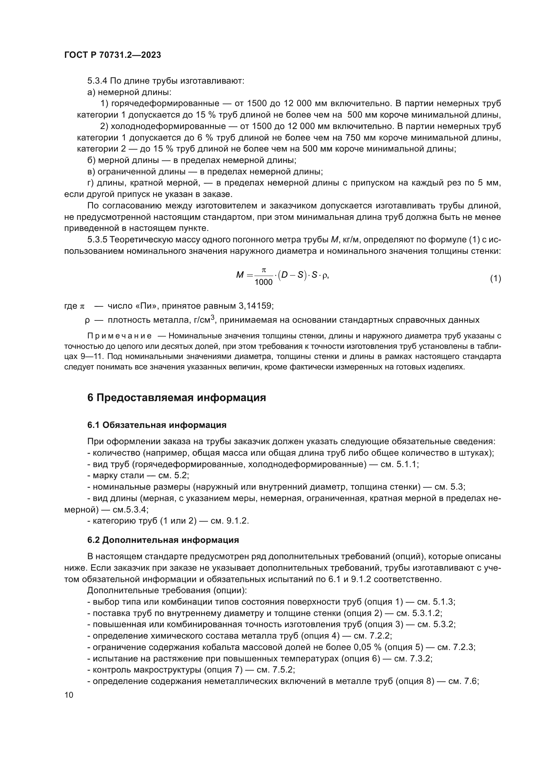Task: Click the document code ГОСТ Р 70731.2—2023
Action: [x=112, y=55]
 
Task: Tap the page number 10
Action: [x=69, y=695]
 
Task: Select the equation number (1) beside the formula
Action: [x=496, y=279]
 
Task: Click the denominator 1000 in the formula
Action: [x=263, y=283]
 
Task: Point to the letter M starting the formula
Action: [x=240, y=275]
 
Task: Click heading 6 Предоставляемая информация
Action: [x=176, y=397]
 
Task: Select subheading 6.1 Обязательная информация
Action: [x=157, y=425]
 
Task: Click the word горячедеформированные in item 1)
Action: [x=165, y=104]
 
